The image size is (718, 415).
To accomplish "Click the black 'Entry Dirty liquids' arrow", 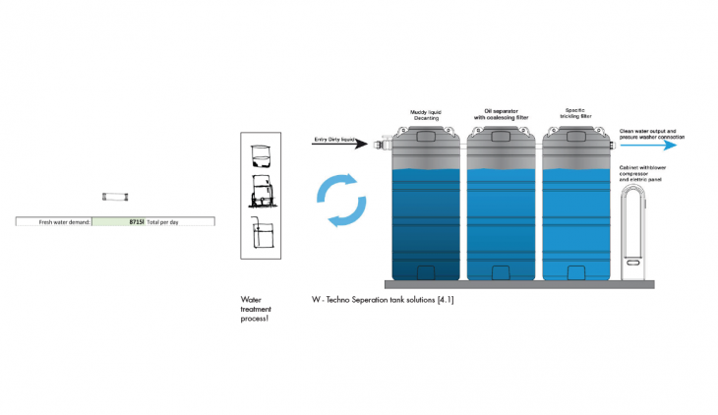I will point(338,145).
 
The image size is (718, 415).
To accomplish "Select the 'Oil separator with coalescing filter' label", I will point(502,115).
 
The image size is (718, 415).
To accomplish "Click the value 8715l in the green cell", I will point(135,222).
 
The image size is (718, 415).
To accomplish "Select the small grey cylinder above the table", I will point(115,198).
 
